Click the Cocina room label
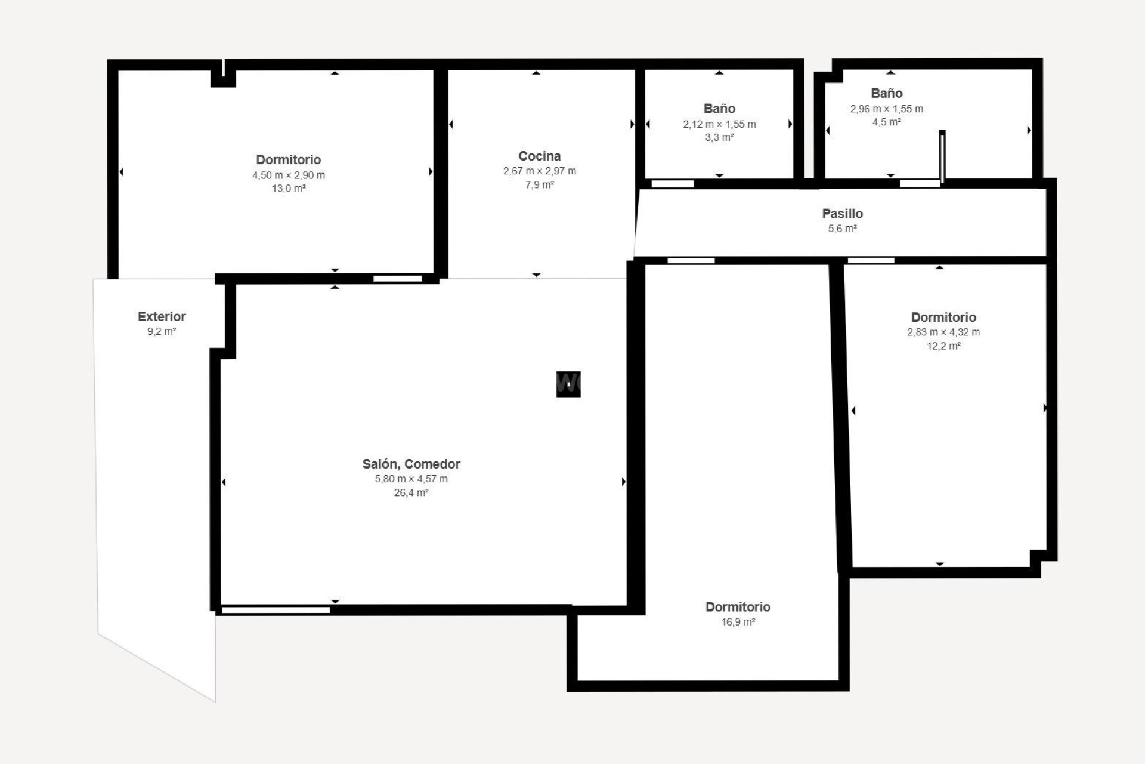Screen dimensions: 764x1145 tap(539, 156)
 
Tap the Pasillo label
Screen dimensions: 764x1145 tap(842, 213)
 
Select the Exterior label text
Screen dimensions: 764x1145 tap(162, 316)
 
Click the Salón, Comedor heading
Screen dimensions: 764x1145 tap(411, 464)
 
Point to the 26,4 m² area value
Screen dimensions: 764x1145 tap(411, 492)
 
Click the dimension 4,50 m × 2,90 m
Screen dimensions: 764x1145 tap(289, 175)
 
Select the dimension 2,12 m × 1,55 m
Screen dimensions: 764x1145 tap(719, 124)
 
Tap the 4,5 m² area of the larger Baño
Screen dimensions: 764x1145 tap(886, 122)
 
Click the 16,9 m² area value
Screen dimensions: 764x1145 tap(738, 621)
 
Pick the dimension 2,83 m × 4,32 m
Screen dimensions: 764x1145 tap(943, 332)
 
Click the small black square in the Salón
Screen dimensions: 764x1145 tap(568, 384)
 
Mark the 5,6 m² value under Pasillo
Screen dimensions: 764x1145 tap(842, 228)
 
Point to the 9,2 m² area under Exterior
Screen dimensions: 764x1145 tap(162, 331)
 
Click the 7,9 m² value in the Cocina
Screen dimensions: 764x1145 tap(539, 184)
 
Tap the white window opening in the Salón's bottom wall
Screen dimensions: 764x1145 tap(276, 610)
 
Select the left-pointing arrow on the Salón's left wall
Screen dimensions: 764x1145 tap(224, 482)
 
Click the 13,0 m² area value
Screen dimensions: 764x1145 tap(289, 189)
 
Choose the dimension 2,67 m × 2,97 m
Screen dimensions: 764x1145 tap(539, 171)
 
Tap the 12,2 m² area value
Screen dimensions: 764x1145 tap(943, 346)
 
